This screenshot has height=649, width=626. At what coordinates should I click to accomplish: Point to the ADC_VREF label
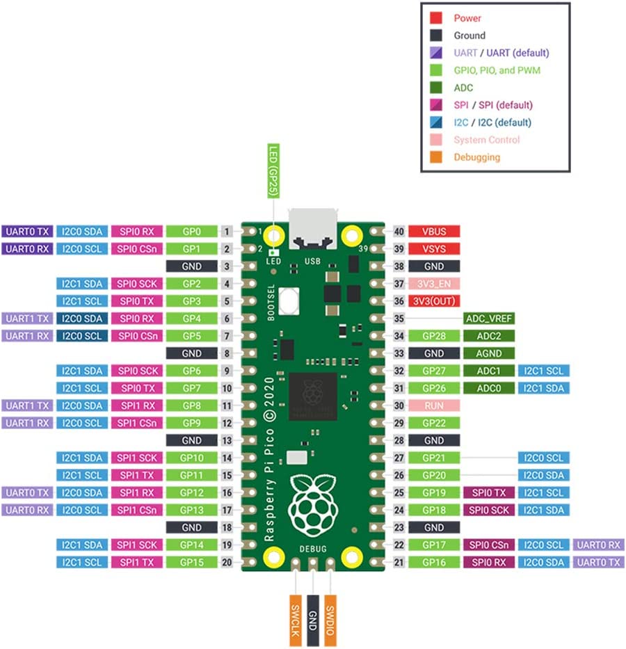(x=489, y=319)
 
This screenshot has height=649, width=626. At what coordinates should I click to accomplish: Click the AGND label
(x=489, y=353)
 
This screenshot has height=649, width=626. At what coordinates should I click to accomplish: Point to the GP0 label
(x=191, y=231)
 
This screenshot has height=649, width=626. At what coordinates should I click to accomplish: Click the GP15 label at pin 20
(x=191, y=562)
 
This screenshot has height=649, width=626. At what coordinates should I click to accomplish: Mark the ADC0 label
(x=489, y=388)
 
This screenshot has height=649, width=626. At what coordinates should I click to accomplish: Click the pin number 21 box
(x=399, y=562)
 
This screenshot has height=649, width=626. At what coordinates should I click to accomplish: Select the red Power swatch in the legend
(x=437, y=18)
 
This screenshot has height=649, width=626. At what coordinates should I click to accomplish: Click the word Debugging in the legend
(x=476, y=157)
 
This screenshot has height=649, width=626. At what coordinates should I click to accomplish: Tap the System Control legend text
(x=486, y=140)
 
